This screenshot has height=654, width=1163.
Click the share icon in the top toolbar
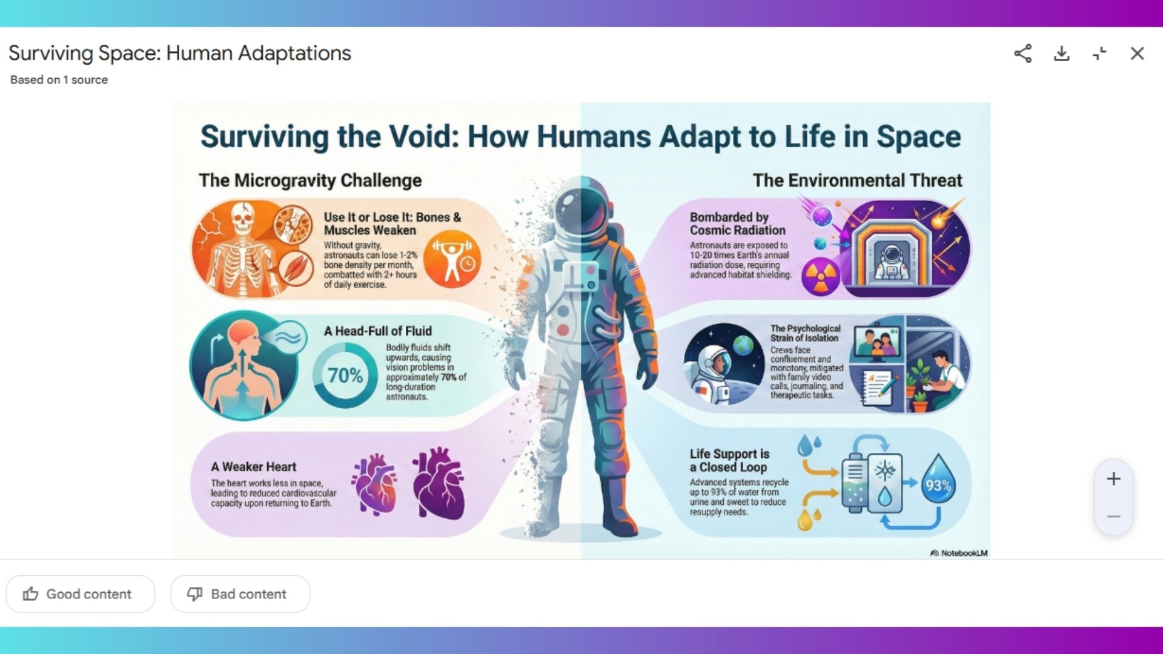[x=1023, y=53]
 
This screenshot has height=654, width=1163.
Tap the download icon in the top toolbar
[x=1061, y=53]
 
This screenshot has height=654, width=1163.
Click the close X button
[x=1137, y=53]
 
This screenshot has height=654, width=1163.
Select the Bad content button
[x=240, y=594]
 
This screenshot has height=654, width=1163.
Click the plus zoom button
[x=1113, y=479]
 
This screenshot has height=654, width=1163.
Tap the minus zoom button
[x=1113, y=517]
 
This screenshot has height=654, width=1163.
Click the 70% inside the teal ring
[x=345, y=375]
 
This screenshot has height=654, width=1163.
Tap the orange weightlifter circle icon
[x=452, y=262]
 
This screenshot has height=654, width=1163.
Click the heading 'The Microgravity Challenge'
[x=310, y=180]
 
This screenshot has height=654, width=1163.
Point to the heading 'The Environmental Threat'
[x=857, y=180]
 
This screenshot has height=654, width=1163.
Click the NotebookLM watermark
[x=959, y=553]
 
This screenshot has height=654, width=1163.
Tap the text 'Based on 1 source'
[x=59, y=80]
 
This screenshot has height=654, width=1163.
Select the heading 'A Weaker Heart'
[x=253, y=467]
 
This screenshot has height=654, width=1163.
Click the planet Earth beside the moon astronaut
[x=743, y=346]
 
